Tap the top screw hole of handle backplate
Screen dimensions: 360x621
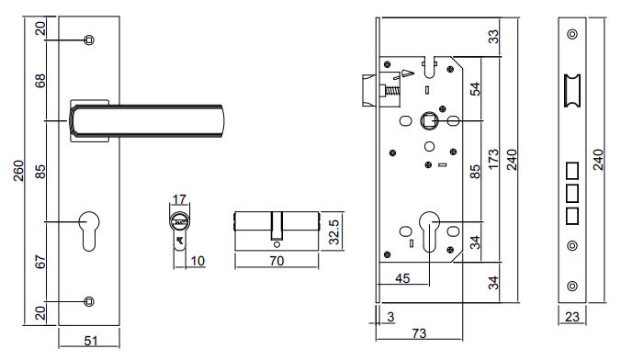pyautogui.click(x=88, y=39)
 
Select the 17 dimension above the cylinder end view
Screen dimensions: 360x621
pyautogui.click(x=180, y=199)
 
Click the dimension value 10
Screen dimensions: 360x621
pyautogui.click(x=197, y=261)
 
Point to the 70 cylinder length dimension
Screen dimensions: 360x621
pyautogui.click(x=276, y=261)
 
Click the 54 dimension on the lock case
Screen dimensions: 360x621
pyautogui.click(x=475, y=89)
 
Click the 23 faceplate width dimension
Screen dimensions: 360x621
pyautogui.click(x=572, y=318)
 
